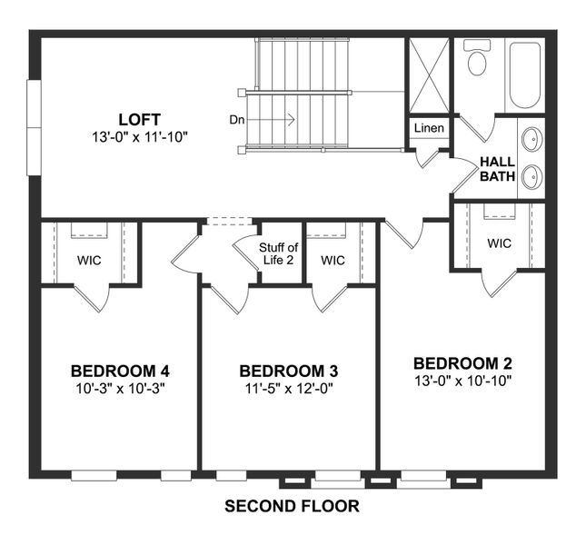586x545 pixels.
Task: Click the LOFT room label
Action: coord(139,119)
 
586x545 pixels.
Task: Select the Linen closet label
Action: coord(429,128)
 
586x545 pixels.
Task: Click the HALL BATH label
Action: coord(497,169)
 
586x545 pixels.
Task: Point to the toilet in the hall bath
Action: coord(476,59)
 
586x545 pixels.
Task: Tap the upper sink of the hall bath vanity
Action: coord(531,139)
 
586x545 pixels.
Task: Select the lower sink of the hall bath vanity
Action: coord(531,176)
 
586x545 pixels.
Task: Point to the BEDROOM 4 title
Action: coord(120,371)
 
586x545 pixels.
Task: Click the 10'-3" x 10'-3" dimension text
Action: coord(120,388)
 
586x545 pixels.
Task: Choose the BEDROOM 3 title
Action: coord(289,371)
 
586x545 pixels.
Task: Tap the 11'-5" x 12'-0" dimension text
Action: coord(289,388)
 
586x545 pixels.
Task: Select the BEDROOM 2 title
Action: coord(462,362)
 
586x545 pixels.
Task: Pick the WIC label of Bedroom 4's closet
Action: coord(89,261)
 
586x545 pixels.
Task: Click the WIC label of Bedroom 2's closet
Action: coord(499,243)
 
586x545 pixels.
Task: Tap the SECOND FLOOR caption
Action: coord(292,506)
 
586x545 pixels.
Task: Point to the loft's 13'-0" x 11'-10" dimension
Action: coord(139,136)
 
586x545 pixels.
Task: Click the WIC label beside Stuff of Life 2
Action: coord(333,261)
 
